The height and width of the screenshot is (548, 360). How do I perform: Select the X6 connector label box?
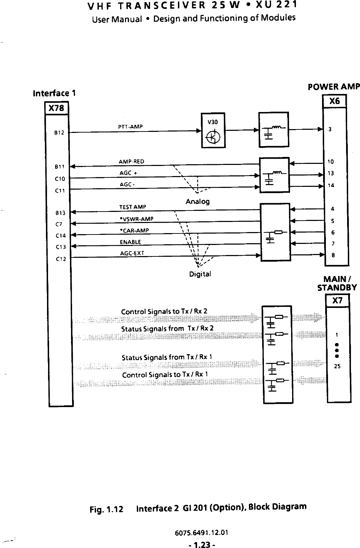[334, 101]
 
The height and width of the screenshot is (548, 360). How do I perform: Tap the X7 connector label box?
[337, 301]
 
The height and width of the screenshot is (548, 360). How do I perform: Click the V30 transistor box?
[213, 130]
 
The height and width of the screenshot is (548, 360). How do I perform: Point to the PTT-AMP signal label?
[131, 127]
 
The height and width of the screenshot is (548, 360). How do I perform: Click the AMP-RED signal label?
[131, 161]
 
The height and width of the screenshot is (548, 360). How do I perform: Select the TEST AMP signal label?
[133, 207]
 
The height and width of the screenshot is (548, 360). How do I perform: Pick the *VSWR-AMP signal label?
[136, 219]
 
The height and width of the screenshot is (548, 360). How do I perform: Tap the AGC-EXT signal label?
[132, 253]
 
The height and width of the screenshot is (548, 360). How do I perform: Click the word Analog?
[197, 201]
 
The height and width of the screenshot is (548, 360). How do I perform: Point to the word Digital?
[200, 274]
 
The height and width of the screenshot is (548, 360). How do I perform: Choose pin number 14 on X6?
[331, 185]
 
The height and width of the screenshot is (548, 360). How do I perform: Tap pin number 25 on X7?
[337, 366]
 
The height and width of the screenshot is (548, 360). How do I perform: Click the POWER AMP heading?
[334, 87]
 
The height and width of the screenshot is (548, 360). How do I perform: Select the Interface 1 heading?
[54, 93]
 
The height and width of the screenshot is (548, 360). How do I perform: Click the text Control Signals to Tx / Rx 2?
[164, 311]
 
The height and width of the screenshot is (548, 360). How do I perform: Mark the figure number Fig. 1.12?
[106, 510]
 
